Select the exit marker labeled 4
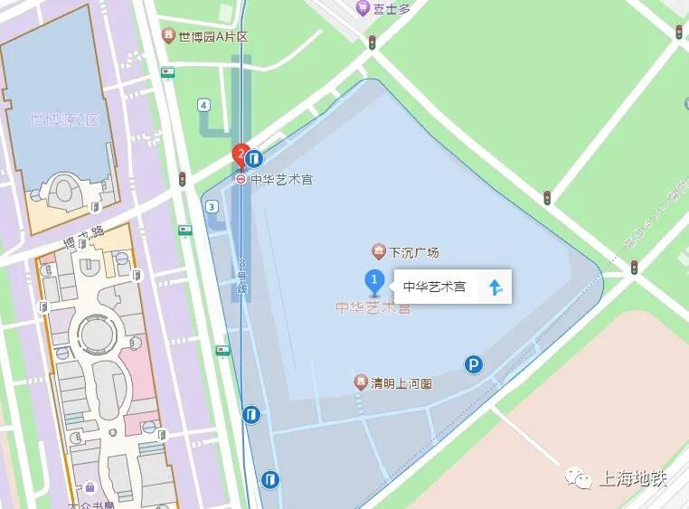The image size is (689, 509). tap(203, 105)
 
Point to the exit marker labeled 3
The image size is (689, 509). tap(212, 206)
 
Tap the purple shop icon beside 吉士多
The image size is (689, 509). tap(362, 8)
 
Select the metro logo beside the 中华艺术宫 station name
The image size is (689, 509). tap(241, 179)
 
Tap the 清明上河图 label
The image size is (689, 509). tap(401, 383)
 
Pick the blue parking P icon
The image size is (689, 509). tap(473, 364)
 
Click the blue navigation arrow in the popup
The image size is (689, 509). tap(495, 287)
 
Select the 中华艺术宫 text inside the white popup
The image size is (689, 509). tap(434, 287)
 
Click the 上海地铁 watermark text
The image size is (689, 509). tap(632, 479)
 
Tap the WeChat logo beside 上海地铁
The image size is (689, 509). tap(580, 479)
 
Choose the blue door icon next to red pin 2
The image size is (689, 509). tap(256, 158)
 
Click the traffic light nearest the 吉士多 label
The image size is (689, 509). tap(372, 42)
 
